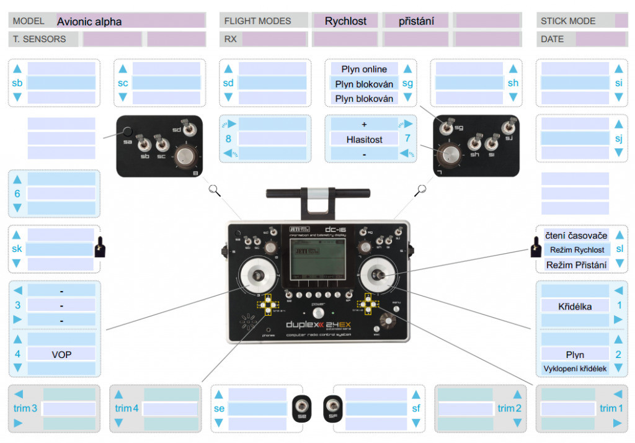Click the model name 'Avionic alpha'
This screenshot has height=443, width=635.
pos(89,21)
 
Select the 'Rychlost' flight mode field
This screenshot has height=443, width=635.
pos(345,21)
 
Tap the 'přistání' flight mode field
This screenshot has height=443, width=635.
pos(415,21)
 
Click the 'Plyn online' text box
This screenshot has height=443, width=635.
pos(364,69)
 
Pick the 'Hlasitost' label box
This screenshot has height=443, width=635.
pos(364,140)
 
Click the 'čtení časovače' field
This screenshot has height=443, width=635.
pos(576,235)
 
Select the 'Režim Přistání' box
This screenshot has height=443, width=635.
pos(576,264)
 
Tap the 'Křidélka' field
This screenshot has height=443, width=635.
pos(575,306)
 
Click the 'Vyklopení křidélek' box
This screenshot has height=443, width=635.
pos(575,369)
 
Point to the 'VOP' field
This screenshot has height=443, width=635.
pos(61,354)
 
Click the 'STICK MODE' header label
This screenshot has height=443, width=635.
pos(568,21)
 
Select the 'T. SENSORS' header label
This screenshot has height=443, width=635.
pos(39,39)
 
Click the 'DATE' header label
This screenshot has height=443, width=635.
pos(552,39)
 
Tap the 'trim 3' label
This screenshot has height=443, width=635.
pos(25,408)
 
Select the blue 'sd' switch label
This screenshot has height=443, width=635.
pos(228,83)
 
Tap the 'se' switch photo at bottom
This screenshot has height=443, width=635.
pos(301,408)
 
